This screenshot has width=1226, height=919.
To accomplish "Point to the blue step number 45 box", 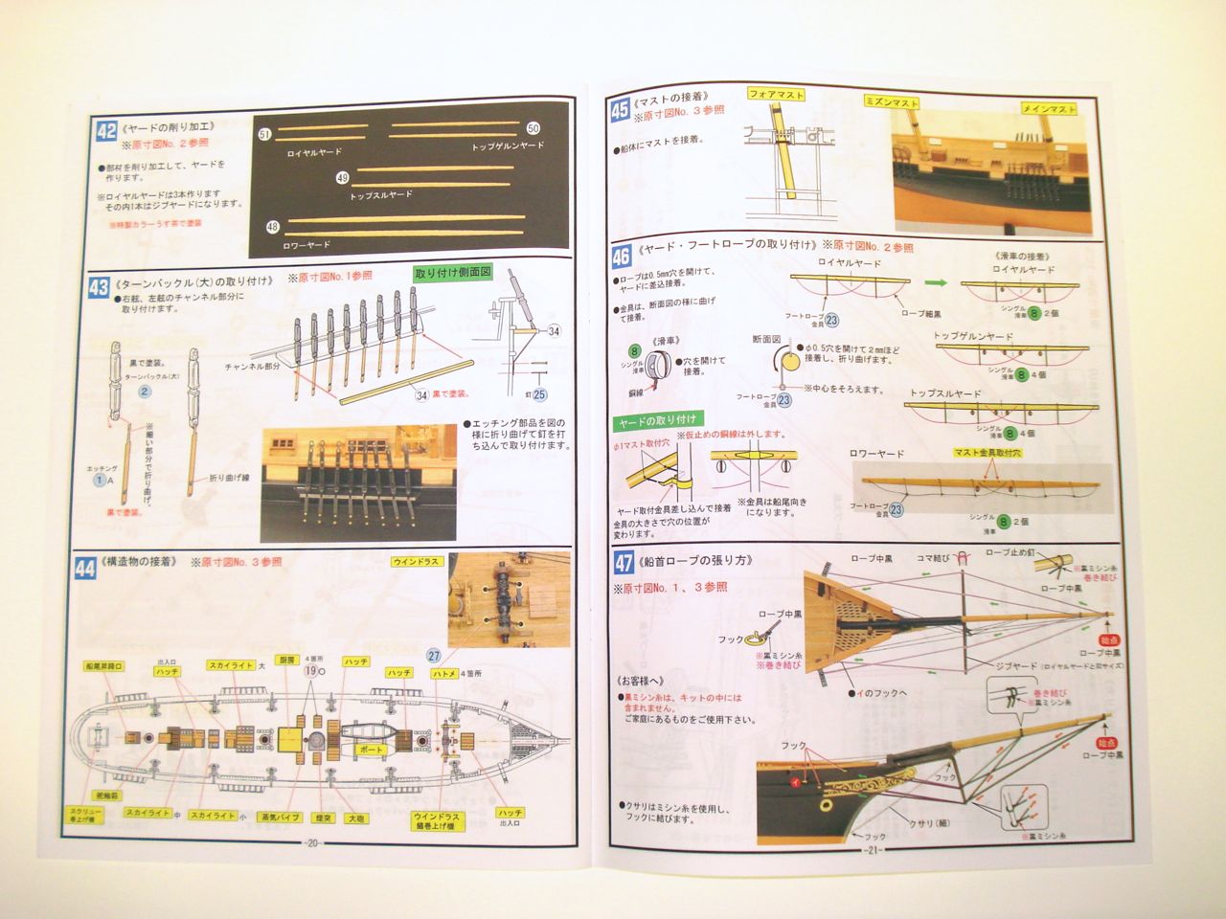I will [x=619, y=111].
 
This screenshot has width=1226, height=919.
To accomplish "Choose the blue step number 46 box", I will [x=621, y=255].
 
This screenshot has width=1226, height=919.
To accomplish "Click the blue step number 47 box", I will [x=623, y=563].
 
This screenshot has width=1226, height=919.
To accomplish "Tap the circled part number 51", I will [x=265, y=135].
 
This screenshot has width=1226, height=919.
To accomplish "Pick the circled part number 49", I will [x=342, y=177].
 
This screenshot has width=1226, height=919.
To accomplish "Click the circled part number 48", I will [x=273, y=227].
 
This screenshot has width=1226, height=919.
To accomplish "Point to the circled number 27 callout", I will [x=433, y=656].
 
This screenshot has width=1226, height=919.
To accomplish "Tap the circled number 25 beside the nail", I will [x=540, y=393].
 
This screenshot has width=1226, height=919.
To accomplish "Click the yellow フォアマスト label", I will [x=775, y=95].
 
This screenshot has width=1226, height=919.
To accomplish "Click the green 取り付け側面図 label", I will [x=453, y=273].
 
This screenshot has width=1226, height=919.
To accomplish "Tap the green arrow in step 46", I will [x=939, y=283].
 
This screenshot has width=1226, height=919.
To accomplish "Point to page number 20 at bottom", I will [x=313, y=843].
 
